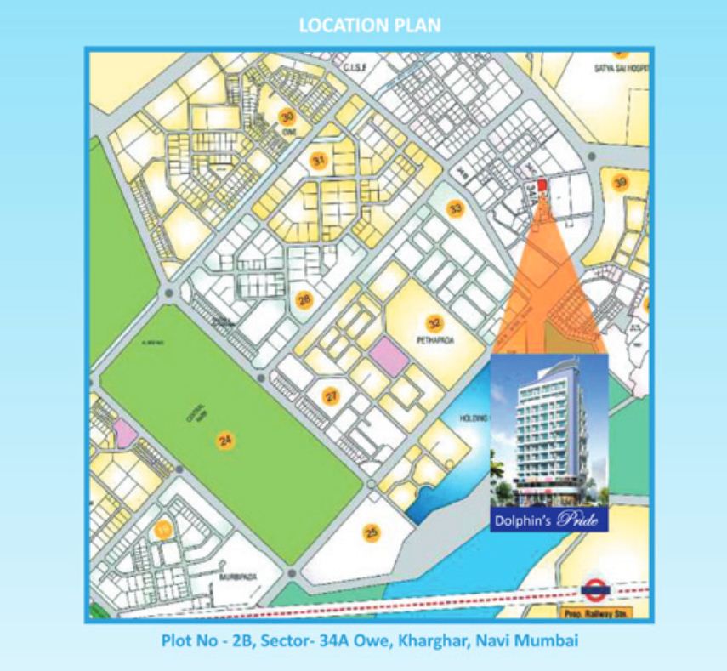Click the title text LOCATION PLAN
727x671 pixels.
pyautogui.click(x=369, y=26)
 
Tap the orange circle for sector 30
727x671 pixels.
pyautogui.click(x=288, y=117)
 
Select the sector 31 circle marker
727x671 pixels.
pyautogui.click(x=318, y=160)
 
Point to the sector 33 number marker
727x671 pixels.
pyautogui.click(x=457, y=208)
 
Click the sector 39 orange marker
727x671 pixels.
pyautogui.click(x=621, y=182)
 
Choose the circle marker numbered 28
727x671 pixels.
pyautogui.click(x=304, y=299)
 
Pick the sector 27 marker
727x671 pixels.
pyautogui.click(x=331, y=395)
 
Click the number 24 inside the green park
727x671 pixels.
pyautogui.click(x=225, y=440)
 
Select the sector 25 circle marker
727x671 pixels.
pyautogui.click(x=371, y=533)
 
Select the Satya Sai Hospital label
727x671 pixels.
pyautogui.click(x=619, y=66)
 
